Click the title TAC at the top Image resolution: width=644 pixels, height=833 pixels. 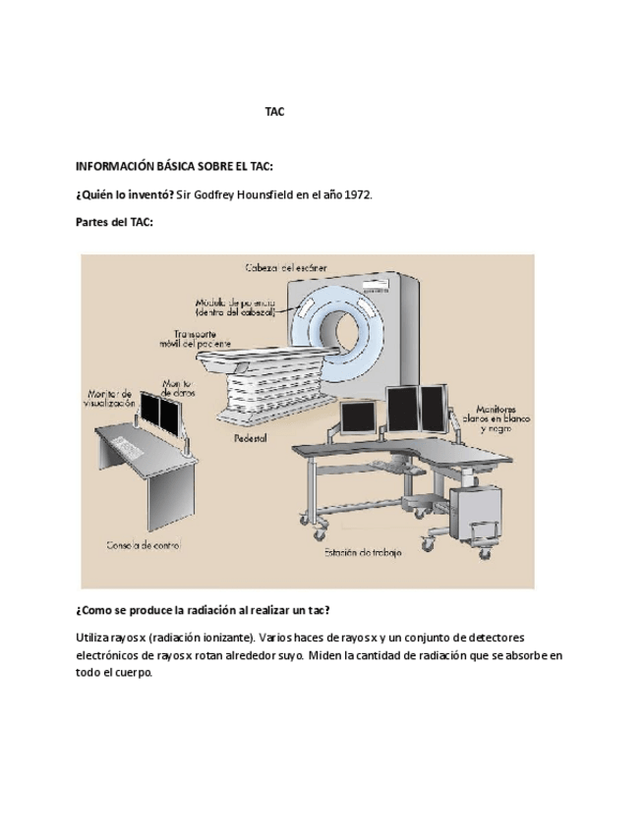coord(274,112)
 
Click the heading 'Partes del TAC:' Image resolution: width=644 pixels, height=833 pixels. coord(114,223)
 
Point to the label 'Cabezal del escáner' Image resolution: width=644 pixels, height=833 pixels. coord(286,266)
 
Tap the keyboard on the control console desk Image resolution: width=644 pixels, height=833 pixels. coord(125,444)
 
